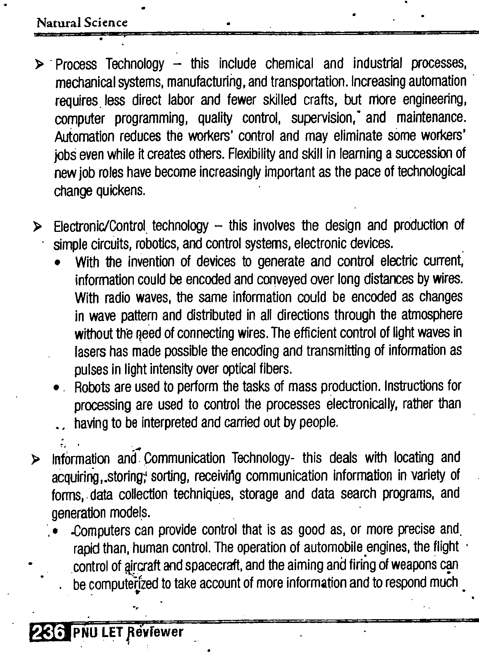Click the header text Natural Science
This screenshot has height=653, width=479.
pos(82,23)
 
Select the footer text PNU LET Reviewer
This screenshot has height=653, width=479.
pos(128,632)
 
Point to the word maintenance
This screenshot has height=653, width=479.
pos(431,118)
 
